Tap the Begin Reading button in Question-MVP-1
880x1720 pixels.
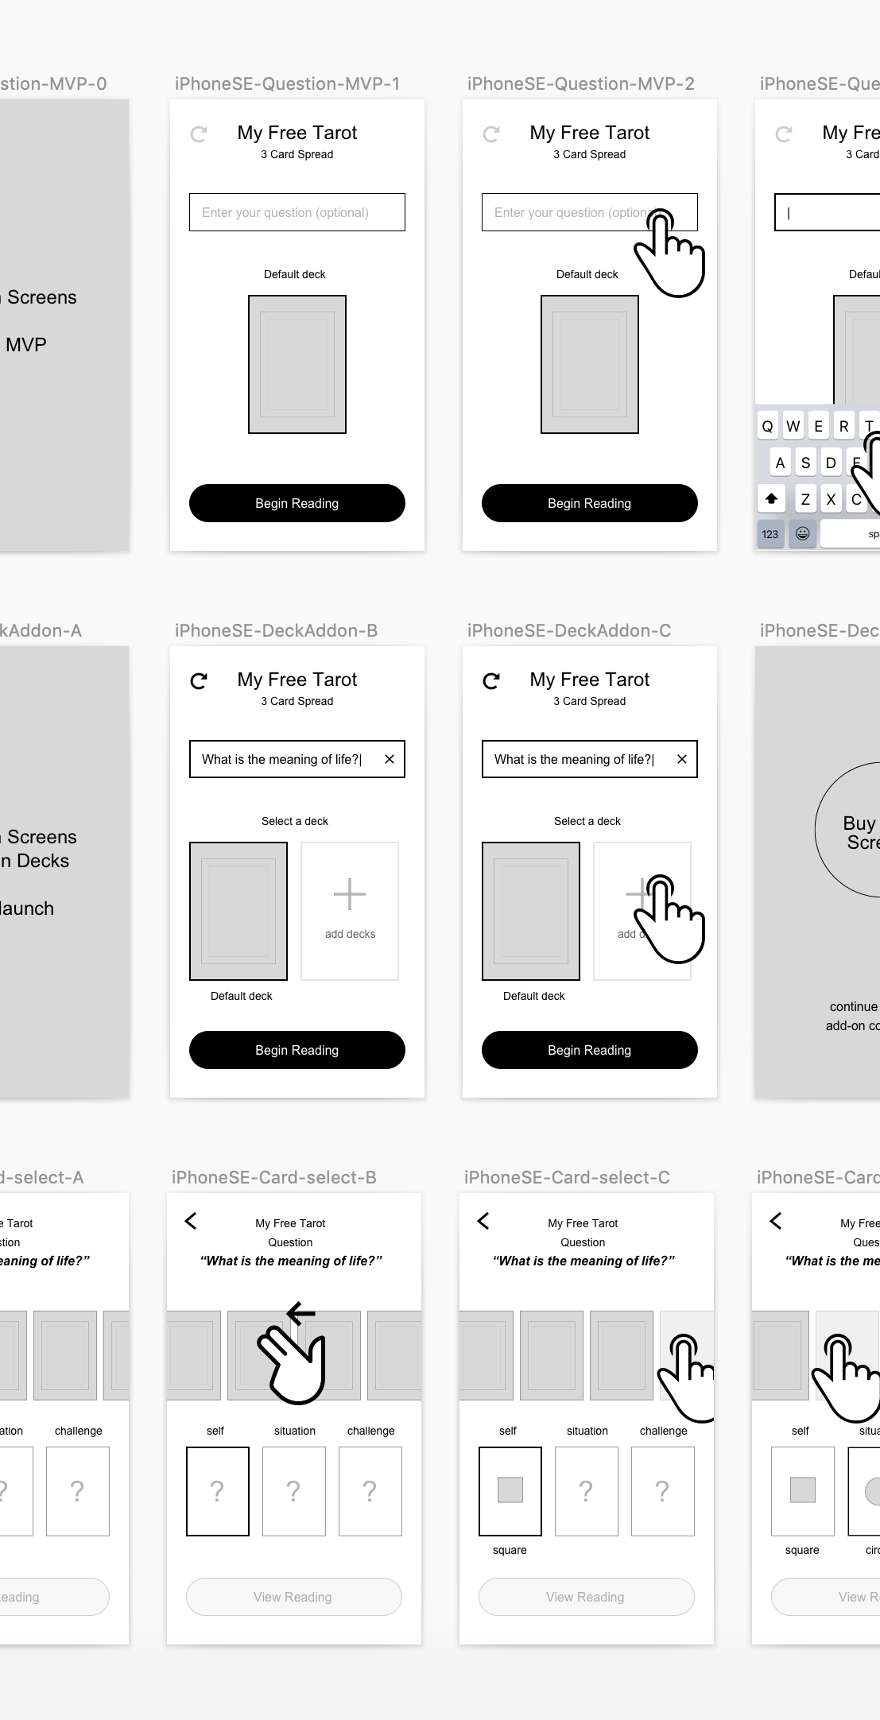[x=297, y=503]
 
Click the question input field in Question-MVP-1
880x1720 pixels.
[x=297, y=212]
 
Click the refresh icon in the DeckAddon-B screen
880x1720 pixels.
[x=199, y=680]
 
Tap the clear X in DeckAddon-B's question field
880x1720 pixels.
[x=390, y=759]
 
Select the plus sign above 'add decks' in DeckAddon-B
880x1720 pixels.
[x=350, y=894]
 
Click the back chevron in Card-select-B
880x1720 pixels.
[x=191, y=1221]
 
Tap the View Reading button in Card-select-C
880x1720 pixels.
[x=586, y=1597]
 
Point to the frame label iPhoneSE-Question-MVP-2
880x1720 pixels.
[x=580, y=84]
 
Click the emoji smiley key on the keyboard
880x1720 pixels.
[x=803, y=533]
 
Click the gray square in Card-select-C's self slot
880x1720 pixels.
[x=510, y=1490]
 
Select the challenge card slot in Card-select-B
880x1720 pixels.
[x=370, y=1491]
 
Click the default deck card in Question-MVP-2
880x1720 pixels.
[x=589, y=364]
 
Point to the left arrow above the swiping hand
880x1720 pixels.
[x=300, y=1313]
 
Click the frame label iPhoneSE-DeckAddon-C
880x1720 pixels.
[x=569, y=631]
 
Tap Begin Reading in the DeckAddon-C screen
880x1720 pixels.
[x=589, y=1050]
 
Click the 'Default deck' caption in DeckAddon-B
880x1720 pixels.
[x=241, y=996]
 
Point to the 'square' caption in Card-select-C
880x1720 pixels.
[x=510, y=1550]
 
